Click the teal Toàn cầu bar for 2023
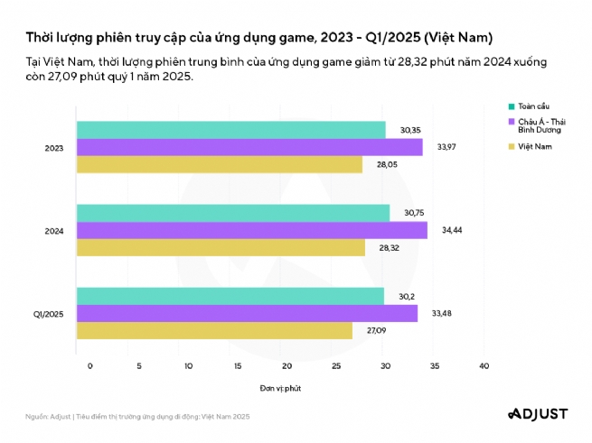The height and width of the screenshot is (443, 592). pos(230,130)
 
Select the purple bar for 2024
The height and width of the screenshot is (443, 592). pos(251,230)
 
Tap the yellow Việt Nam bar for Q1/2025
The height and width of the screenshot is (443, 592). pos(214,331)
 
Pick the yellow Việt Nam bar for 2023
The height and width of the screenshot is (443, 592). pos(219,164)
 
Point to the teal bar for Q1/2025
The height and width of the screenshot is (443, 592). pos(230,296)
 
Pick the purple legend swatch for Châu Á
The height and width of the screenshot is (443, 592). pos(512,120)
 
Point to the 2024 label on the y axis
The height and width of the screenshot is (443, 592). pos(53,231)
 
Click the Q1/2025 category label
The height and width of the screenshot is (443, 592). pos(48,314)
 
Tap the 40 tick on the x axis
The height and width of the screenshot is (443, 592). pos(484,365)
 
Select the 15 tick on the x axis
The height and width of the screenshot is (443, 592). pos(238,365)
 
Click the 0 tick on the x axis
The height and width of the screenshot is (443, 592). pos(90,365)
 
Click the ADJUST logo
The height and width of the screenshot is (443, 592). pos(536,414)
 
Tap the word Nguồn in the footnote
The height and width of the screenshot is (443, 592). pos(36,417)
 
